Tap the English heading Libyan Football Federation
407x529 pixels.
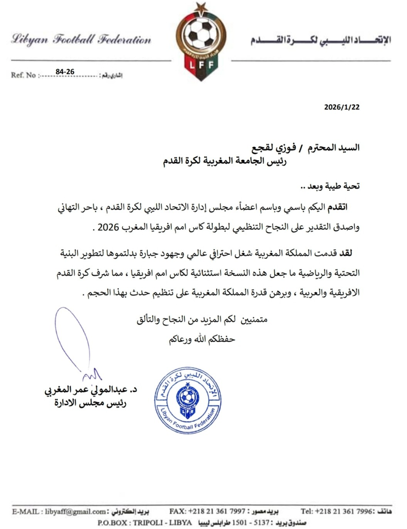point(81,40)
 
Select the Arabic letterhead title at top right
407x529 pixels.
point(319,41)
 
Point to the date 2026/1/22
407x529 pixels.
point(342,106)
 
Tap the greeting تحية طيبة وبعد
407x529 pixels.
point(333,186)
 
